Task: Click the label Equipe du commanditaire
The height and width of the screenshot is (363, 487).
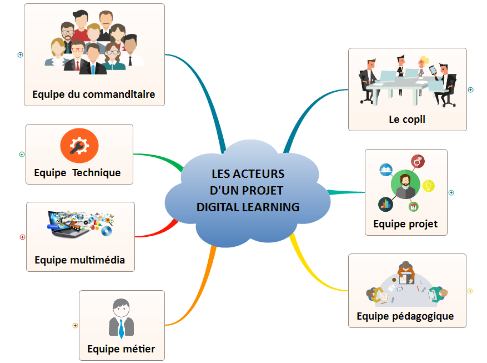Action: click(x=93, y=94)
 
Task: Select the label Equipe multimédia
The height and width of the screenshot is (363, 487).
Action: click(x=79, y=260)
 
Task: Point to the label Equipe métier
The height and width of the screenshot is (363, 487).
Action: click(x=121, y=349)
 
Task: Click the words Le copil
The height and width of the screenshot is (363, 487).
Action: click(x=406, y=119)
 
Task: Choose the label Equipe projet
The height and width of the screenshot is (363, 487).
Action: click(x=405, y=224)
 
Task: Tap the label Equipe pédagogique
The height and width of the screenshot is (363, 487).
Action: click(x=405, y=316)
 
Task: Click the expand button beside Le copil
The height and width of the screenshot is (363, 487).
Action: click(x=470, y=89)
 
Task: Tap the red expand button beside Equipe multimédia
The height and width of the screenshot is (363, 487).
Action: click(x=22, y=237)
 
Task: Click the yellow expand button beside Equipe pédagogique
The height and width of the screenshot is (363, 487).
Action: click(x=470, y=291)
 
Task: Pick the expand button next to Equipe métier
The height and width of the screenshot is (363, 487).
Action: click(x=75, y=325)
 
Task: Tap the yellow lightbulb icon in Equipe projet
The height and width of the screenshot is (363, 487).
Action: click(x=428, y=186)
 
